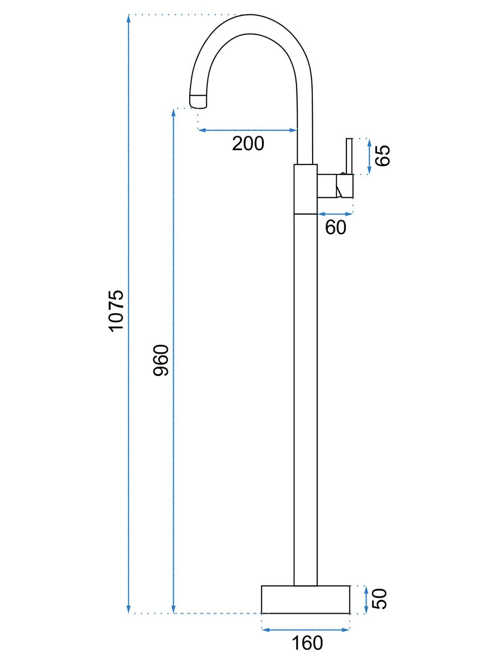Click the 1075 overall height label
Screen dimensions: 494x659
pos(116,311)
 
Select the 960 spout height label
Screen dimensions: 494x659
pos(161,360)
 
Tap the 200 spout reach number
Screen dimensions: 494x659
pos(248,144)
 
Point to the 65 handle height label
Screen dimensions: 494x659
pos(383,156)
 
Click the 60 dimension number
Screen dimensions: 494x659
pos(335,227)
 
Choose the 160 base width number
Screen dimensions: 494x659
pos(307,640)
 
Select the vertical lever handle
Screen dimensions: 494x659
pos(349,156)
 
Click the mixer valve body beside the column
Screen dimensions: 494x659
pos(335,186)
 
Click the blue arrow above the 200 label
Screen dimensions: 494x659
pos(247,130)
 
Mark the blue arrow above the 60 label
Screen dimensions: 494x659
pos(335,214)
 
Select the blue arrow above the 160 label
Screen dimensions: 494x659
pos(305,627)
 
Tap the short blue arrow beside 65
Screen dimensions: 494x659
pos(369,157)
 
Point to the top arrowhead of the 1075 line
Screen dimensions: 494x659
pos(128,19)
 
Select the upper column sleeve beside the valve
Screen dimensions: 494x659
pos(305,189)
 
